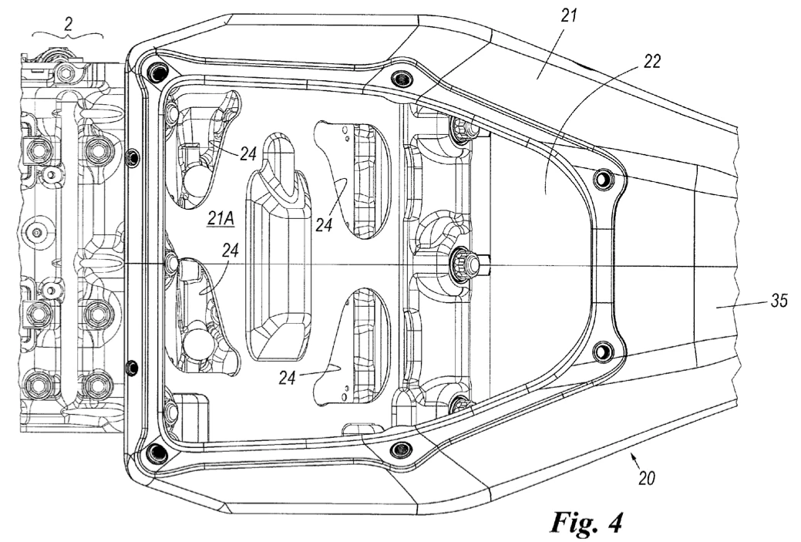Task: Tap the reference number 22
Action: tap(651, 62)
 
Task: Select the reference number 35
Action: tap(779, 301)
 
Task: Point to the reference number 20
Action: tap(647, 479)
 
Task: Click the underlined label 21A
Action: tap(220, 219)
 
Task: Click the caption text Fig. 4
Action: tap(587, 521)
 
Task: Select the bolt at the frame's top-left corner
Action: tap(156, 70)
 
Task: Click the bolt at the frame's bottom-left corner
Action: tap(156, 452)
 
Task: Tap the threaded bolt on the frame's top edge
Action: tap(400, 79)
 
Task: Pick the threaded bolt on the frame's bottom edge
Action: tap(400, 449)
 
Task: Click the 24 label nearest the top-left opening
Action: tap(247, 153)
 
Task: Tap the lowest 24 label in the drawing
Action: tap(287, 378)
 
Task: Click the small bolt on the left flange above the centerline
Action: tap(133, 157)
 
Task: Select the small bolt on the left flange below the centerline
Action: tap(132, 366)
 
